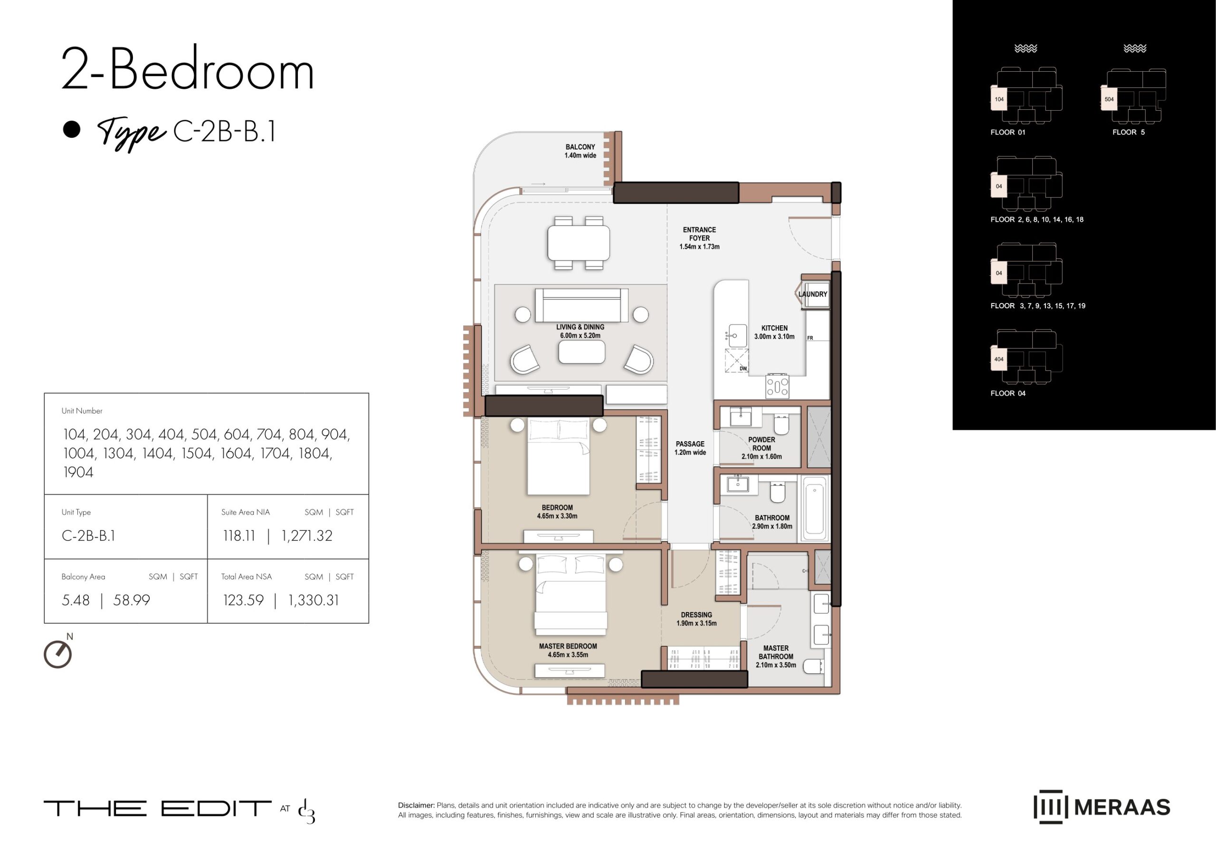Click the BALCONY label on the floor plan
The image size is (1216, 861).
(579, 147)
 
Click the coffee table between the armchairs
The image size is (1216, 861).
(582, 351)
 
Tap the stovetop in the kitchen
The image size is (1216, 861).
(777, 386)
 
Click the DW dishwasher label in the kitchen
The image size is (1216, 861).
(743, 369)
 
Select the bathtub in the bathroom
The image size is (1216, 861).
(815, 508)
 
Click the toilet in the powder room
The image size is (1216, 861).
(781, 424)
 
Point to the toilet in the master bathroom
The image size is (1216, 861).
(814, 666)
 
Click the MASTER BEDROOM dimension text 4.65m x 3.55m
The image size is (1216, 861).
(568, 655)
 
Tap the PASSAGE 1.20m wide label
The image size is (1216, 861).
(690, 448)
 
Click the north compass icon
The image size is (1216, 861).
(58, 653)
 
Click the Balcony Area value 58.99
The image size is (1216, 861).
(132, 600)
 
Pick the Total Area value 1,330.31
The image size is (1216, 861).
(313, 600)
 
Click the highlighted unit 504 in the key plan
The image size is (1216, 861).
(1109, 99)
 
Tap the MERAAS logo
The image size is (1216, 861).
(1102, 807)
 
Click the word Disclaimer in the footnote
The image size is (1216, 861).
(416, 805)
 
